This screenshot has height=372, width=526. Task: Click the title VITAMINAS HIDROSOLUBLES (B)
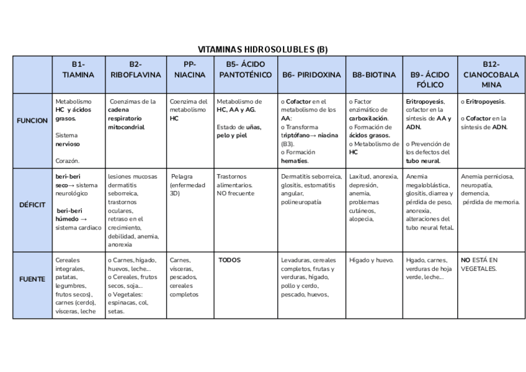[262, 50]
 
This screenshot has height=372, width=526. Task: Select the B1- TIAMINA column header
[78, 69]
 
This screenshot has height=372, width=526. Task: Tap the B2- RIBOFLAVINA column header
[135, 69]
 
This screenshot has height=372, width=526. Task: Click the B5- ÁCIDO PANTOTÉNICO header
[245, 69]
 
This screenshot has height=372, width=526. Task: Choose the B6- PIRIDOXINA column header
[311, 75]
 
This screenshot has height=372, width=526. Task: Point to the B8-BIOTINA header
[373, 75]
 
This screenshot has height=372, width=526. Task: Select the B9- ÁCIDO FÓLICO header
[430, 75]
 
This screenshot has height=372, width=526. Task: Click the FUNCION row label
[32, 120]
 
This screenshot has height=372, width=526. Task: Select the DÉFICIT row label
[32, 204]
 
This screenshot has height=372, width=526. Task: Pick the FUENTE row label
[32, 279]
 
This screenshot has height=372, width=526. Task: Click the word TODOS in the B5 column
[230, 260]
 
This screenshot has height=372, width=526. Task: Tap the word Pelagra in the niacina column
[182, 177]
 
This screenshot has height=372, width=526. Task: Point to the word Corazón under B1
[67, 161]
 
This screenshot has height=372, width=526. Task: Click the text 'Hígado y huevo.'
[371, 260]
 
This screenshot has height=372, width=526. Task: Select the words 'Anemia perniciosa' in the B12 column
[487, 177]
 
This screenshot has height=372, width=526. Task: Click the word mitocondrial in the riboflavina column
[126, 127]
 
